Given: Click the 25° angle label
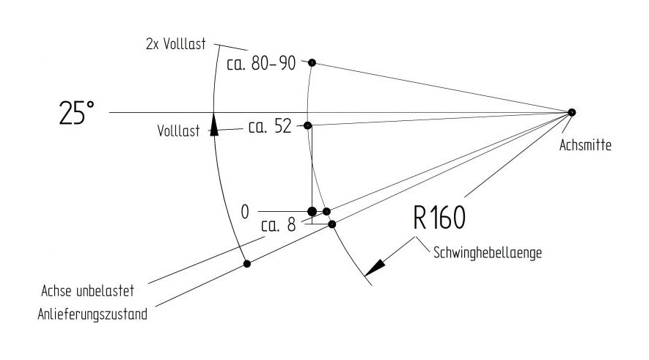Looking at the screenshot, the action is point(76,113).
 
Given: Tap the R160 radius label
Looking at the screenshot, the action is point(439,218).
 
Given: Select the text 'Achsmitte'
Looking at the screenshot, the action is point(585,145).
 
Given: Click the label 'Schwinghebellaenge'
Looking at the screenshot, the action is point(487,252).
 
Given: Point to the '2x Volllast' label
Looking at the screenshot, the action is point(175,44).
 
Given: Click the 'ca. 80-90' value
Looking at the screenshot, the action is point(261,63).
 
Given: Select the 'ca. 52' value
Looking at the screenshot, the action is point(270,126).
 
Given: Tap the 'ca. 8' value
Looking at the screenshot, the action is point(279,225).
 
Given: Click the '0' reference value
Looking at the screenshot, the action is point(245,213).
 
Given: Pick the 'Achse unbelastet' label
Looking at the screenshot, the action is point(88,291).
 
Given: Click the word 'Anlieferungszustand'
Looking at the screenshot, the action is point(92,315).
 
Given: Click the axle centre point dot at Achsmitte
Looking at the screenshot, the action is point(571,112).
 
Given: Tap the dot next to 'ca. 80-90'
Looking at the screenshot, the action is point(312,62).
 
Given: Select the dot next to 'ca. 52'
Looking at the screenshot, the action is point(307,125).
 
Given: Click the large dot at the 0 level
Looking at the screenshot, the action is point(312,212).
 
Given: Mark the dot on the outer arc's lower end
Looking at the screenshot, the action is point(247,264).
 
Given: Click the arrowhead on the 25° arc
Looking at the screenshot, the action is point(213,125).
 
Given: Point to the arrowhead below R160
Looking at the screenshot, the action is point(375,268).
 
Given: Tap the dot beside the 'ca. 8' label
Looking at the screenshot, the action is point(332,224).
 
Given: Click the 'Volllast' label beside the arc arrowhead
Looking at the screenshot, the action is point(178,131).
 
